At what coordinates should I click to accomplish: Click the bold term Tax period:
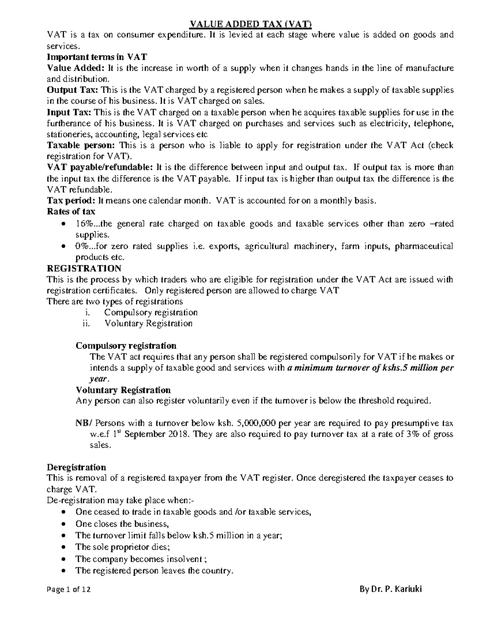72,200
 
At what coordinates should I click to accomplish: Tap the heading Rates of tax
71,211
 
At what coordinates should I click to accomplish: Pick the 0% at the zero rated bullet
81,246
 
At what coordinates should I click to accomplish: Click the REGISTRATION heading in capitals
84,268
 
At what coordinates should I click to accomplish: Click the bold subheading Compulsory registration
126,346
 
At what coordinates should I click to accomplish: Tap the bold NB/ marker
84,423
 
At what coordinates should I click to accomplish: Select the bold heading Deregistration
76,467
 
